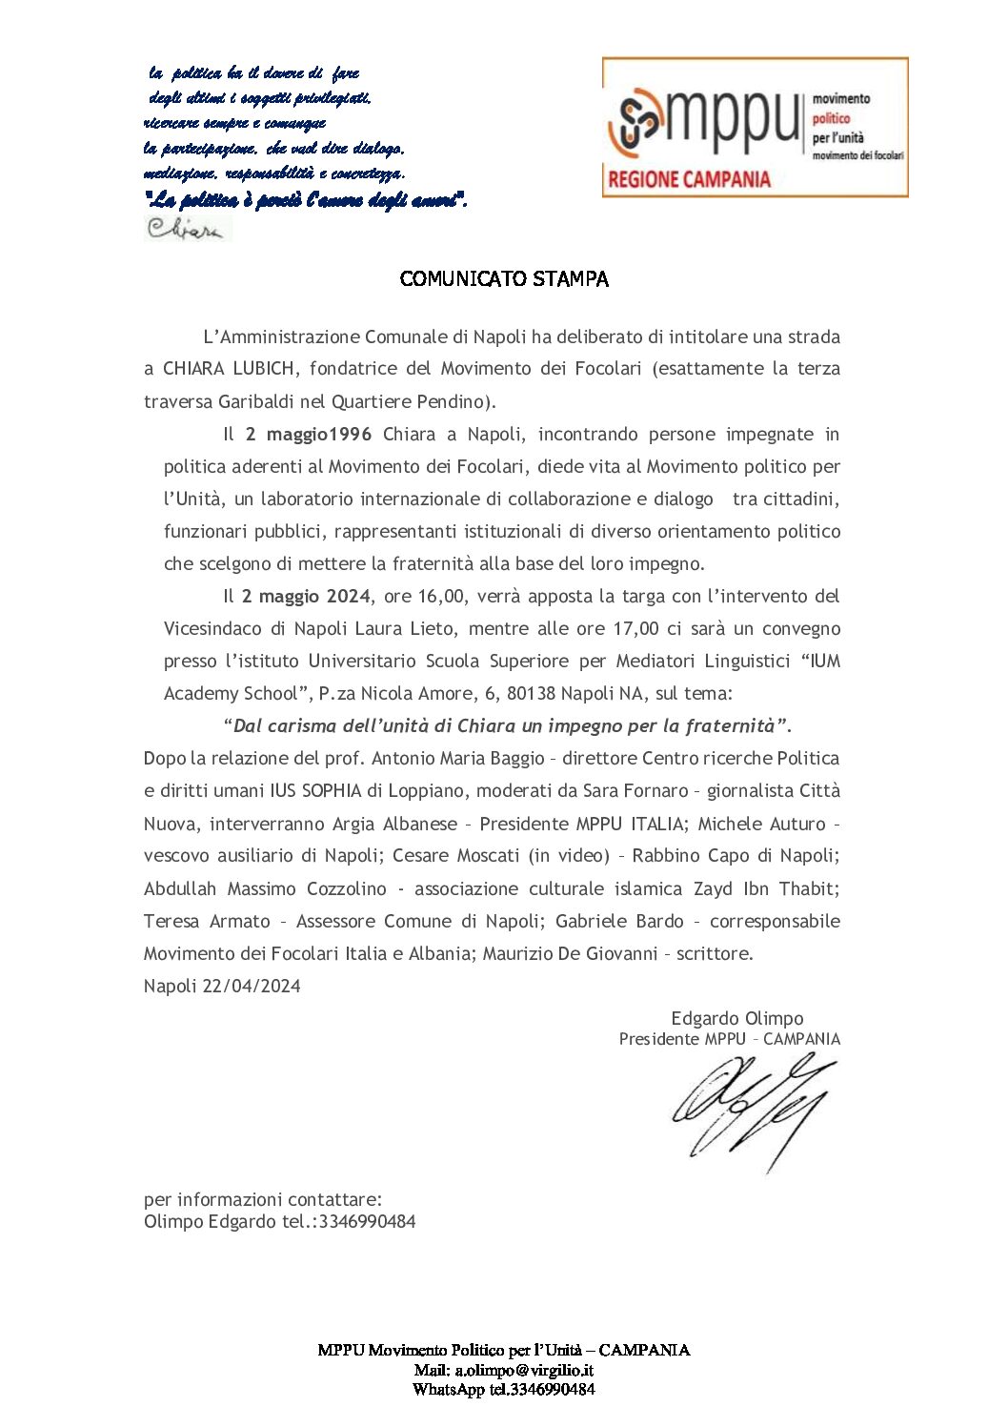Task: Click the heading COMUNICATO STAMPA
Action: pyautogui.click(x=504, y=279)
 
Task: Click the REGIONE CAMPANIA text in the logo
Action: pyautogui.click(x=689, y=178)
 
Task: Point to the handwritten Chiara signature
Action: pyautogui.click(x=186, y=229)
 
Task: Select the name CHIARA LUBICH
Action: pyautogui.click(x=229, y=369)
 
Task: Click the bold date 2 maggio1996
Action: pyautogui.click(x=308, y=435)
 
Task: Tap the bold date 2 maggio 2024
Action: pyautogui.click(x=305, y=597)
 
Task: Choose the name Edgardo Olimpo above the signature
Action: pyautogui.click(x=736, y=1019)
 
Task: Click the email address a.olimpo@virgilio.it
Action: pyautogui.click(x=524, y=1370)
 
